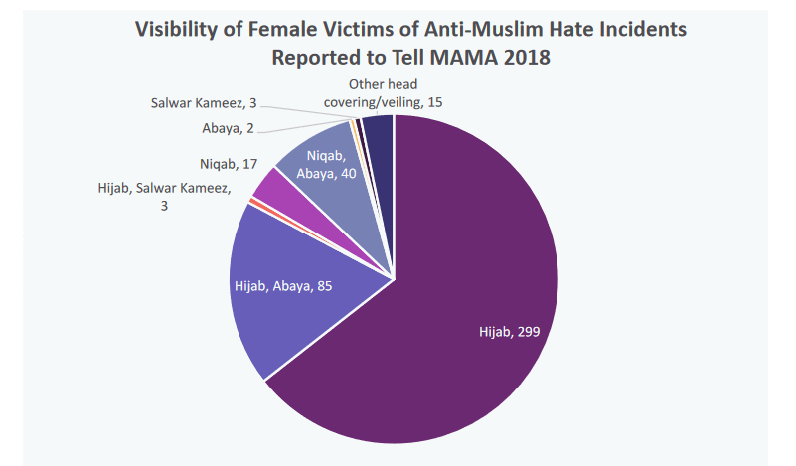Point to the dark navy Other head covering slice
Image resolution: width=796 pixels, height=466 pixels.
click(x=379, y=132)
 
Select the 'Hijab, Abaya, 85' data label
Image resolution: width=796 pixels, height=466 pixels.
click(x=283, y=287)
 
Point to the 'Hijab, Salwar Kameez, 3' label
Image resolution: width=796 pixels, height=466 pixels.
click(x=164, y=195)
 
